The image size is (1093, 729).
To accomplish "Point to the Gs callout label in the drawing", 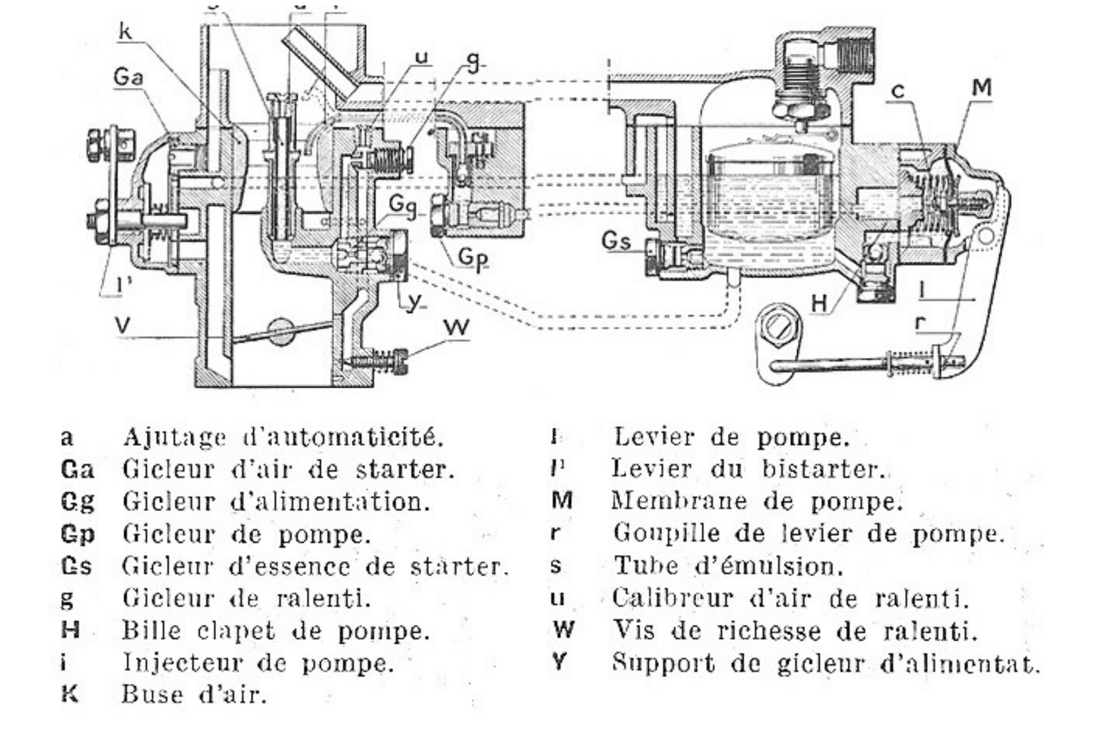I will [616, 241].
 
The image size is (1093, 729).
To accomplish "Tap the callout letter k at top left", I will [125, 32].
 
